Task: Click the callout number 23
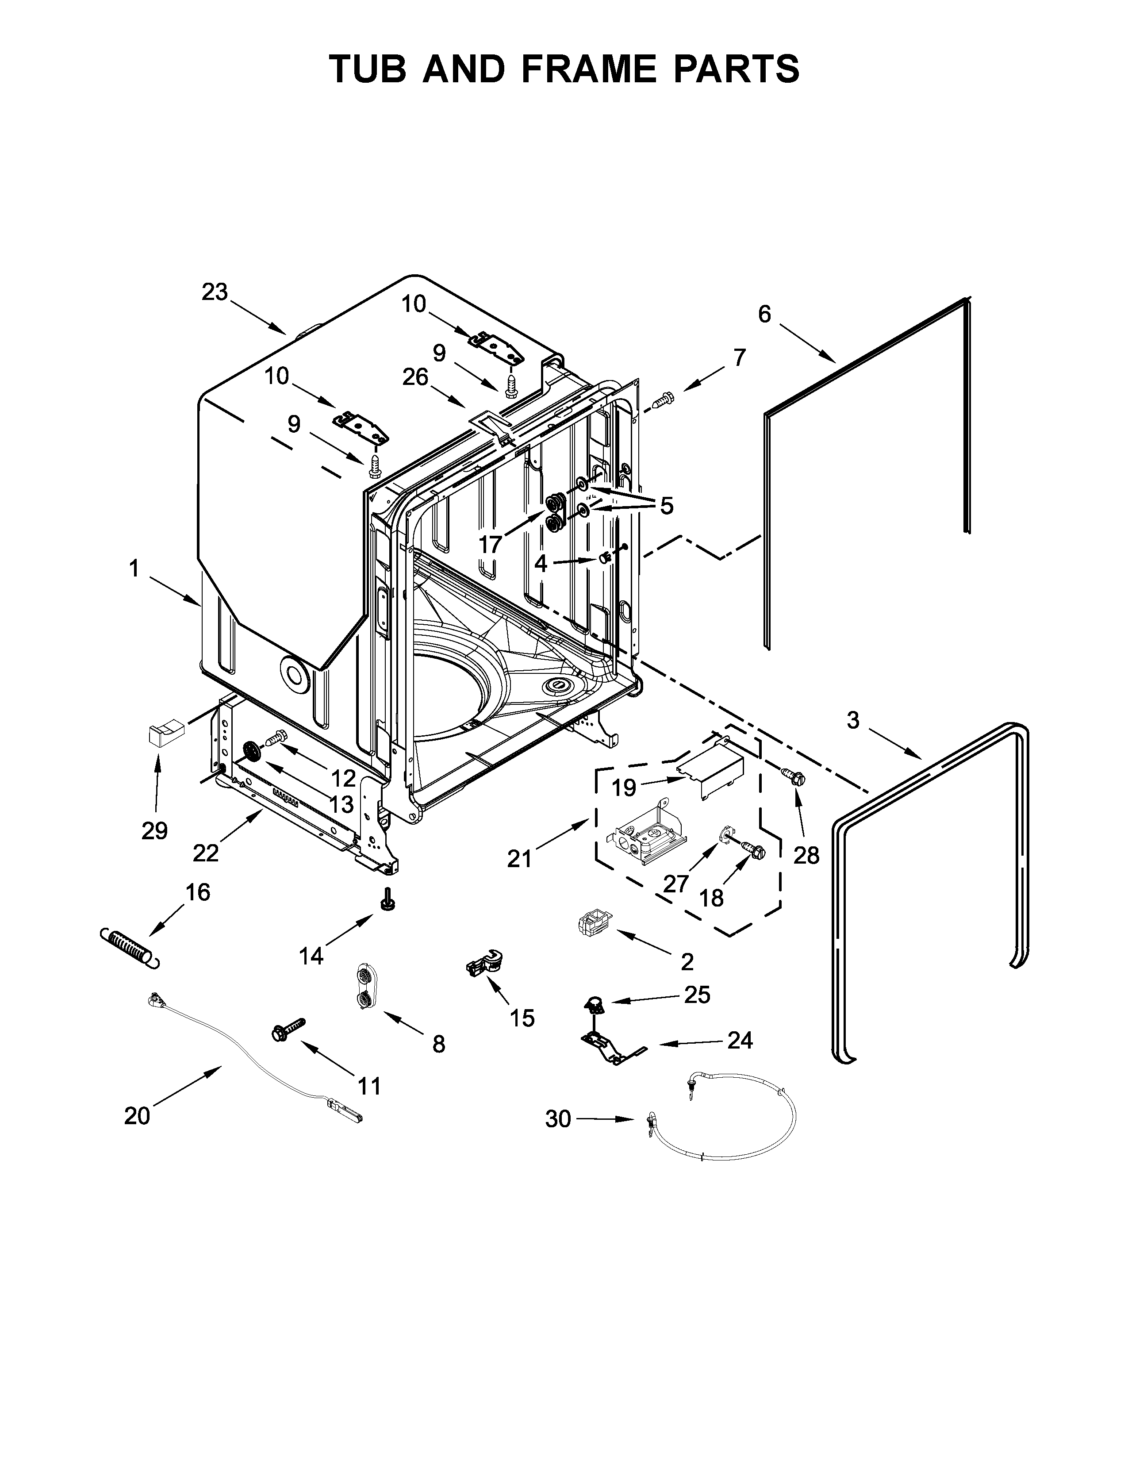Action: (x=215, y=292)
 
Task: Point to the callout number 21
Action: (x=519, y=859)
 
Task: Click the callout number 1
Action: (x=134, y=569)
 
